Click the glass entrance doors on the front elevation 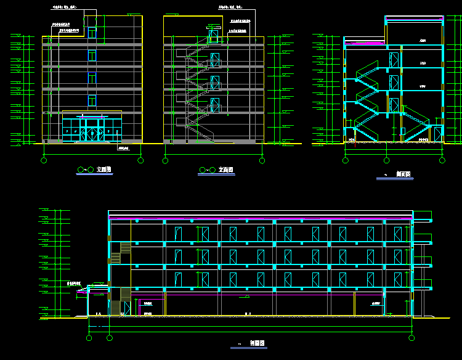click(92, 131)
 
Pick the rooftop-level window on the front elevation click(92, 32)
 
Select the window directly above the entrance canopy click(92, 99)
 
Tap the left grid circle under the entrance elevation click(44, 160)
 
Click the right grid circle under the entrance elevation click(140, 160)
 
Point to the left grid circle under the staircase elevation click(165, 160)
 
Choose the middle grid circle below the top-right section click(386, 160)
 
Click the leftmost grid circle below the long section click(90, 337)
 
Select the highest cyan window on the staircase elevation click(215, 35)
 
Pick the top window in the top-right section click(394, 59)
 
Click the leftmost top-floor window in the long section click(178, 234)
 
